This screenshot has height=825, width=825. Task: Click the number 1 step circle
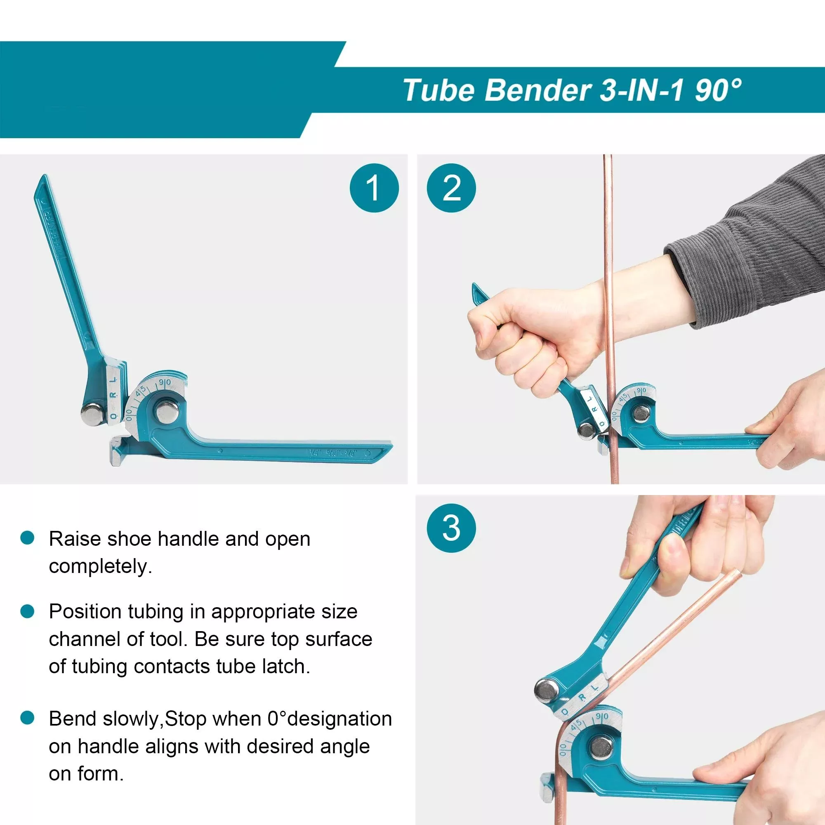[374, 188]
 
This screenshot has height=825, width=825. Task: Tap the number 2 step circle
[451, 188]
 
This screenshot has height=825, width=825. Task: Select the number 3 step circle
[451, 528]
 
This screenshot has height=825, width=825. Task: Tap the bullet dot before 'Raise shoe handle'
[27, 537]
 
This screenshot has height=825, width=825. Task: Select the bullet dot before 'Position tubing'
[27, 611]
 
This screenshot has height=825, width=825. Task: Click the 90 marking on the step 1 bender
[165, 383]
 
